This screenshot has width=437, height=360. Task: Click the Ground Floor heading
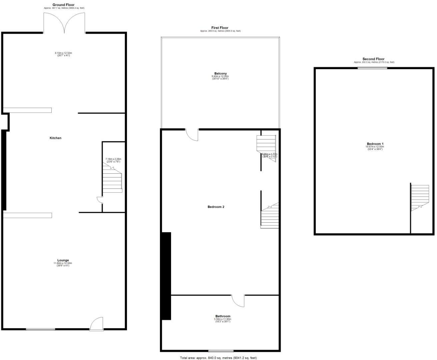(x=63, y=5)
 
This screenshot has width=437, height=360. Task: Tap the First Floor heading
(x=220, y=28)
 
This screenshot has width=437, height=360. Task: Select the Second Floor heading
(x=373, y=59)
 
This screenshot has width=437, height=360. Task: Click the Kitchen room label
(x=55, y=138)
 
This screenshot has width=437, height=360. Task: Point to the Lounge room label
(x=63, y=260)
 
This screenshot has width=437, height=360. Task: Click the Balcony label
(x=221, y=73)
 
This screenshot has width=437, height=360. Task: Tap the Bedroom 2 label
(x=216, y=207)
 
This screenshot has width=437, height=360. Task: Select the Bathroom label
(x=223, y=316)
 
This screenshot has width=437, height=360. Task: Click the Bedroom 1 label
(x=375, y=144)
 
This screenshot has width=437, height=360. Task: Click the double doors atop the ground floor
(x=65, y=23)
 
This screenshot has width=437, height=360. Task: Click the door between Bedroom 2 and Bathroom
(x=238, y=300)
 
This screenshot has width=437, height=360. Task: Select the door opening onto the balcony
(x=192, y=135)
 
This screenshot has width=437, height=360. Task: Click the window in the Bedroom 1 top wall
(x=372, y=68)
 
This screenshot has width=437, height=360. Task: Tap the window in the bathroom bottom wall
(x=221, y=351)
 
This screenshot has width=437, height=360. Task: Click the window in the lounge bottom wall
(x=41, y=329)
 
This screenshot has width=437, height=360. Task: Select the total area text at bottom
(x=218, y=358)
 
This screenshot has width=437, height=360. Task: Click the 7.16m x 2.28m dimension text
(x=113, y=160)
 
